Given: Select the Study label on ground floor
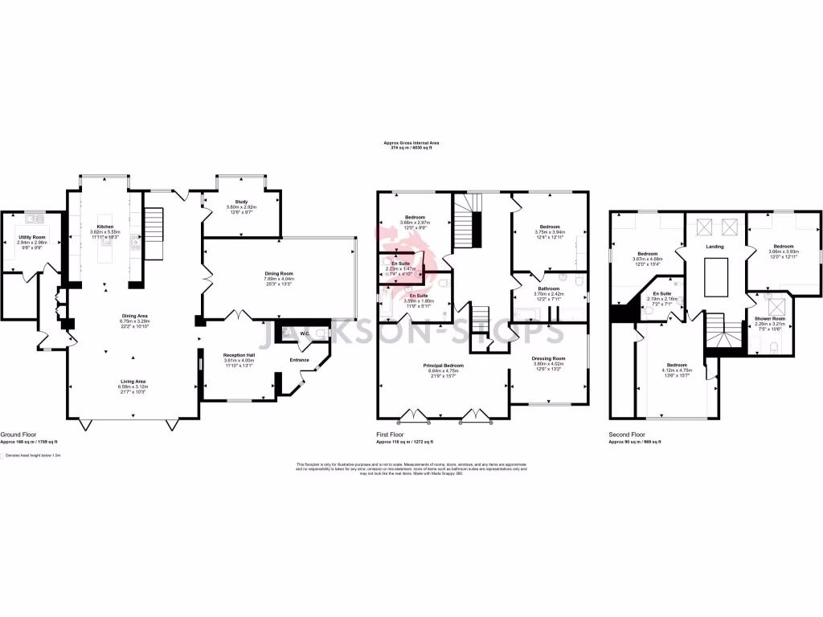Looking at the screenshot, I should [x=241, y=202].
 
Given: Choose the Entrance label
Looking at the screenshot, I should [x=300, y=359].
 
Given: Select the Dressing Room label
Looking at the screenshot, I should [x=550, y=358].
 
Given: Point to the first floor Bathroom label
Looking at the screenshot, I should [x=549, y=288].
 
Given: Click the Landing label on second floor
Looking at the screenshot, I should [x=714, y=247].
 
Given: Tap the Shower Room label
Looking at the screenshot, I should [x=769, y=319].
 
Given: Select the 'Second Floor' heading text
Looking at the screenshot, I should [x=628, y=435].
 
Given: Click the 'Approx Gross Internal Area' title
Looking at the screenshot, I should [x=411, y=142].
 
